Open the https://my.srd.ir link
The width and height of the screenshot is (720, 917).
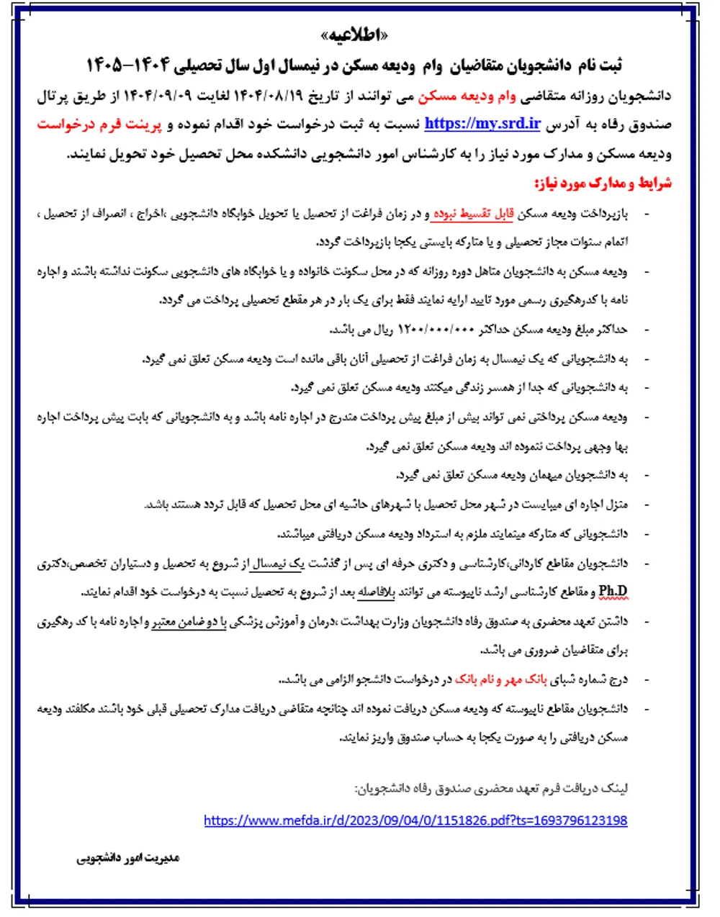click(482, 123)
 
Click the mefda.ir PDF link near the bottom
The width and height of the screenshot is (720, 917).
click(415, 820)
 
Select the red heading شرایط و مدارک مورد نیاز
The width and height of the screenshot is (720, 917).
click(602, 183)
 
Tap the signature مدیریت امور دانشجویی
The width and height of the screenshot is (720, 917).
click(128, 858)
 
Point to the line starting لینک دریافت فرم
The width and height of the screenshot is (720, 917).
click(491, 789)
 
